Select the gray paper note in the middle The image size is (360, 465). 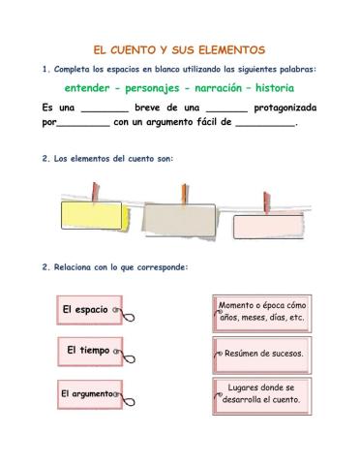click(184, 221)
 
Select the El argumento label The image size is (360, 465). click(85, 394)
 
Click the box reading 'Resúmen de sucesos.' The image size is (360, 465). click(263, 354)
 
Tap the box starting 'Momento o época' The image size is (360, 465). click(262, 311)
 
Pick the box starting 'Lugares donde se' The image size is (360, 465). click(262, 393)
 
